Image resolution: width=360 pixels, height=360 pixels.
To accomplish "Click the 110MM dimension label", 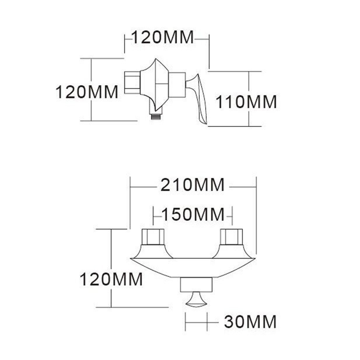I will [x=246, y=102].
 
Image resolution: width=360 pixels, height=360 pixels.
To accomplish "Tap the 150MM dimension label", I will [x=193, y=215].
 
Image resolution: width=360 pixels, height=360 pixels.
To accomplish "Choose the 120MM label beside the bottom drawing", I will [x=111, y=279].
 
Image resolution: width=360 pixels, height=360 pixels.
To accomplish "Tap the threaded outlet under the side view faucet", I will [x=156, y=115].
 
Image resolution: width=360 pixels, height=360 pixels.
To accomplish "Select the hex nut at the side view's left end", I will [x=132, y=83].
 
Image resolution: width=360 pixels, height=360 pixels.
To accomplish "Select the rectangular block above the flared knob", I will [x=196, y=284].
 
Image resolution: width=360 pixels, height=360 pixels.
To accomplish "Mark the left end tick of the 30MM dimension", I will [x=186, y=322].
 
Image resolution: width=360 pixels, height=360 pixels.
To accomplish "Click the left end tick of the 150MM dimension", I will [x=153, y=215].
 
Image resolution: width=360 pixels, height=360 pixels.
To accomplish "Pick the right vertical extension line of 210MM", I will [x=256, y=216].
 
